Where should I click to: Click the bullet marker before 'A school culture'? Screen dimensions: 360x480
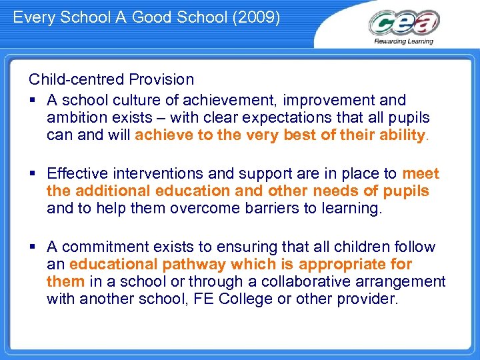(x=32, y=101)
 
